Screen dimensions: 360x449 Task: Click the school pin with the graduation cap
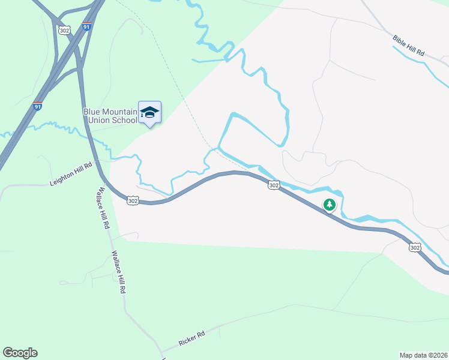click(149, 112)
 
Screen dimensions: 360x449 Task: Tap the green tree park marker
click(329, 205)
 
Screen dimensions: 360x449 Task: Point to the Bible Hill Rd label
click(409, 46)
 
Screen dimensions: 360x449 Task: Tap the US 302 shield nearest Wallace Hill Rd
click(133, 201)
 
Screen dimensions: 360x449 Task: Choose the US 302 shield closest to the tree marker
click(274, 185)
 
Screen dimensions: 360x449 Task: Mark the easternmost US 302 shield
click(415, 247)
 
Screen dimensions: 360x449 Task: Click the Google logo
click(20, 353)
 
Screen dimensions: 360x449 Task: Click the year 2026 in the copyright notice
click(439, 355)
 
